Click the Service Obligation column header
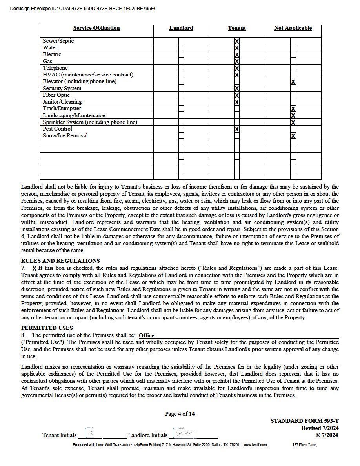pos(96,28)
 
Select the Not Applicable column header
pos(293,28)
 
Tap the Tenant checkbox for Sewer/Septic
pos(237,41)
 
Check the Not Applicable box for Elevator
pos(293,82)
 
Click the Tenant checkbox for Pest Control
pos(237,129)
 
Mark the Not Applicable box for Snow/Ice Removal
pos(293,136)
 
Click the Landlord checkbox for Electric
pos(181,55)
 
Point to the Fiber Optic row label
pos(56,95)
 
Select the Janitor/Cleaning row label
pos(62,102)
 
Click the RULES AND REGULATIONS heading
pos(60,261)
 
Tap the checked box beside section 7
pos(35,268)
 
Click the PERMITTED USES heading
pos(47,328)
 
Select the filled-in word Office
pos(146,335)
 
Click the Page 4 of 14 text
pos(180,414)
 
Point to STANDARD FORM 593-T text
pos(304,421)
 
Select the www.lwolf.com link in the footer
pos(255,445)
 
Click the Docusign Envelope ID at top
pos(83,8)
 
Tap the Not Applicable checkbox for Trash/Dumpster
pos(293,109)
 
